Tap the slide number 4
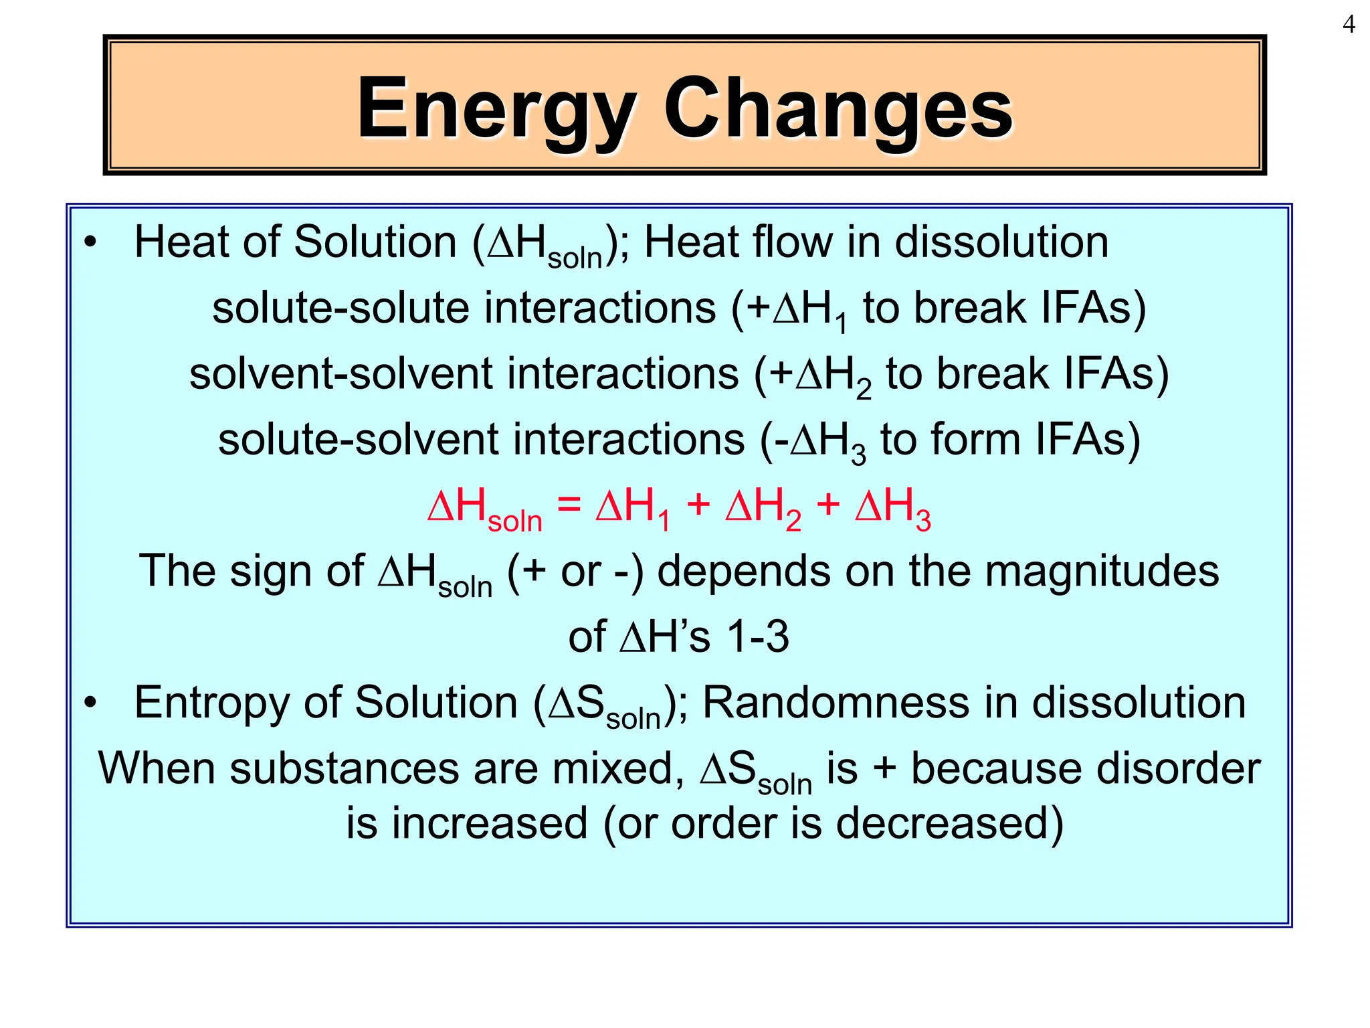click(1349, 25)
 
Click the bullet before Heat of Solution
click(90, 242)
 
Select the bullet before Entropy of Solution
click(90, 703)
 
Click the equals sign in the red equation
click(569, 505)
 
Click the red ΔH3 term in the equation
click(892, 507)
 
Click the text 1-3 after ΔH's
click(757, 636)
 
